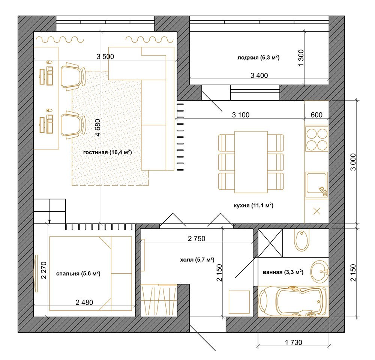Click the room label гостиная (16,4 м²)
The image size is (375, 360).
point(107,152)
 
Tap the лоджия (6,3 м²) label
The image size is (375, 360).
point(258,57)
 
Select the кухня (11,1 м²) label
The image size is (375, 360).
point(253,205)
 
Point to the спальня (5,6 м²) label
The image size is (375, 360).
point(78,273)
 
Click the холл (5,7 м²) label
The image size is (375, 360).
point(197,259)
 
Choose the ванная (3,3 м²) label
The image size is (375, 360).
point(283,272)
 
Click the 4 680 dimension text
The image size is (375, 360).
point(98,128)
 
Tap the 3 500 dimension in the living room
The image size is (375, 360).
point(105,56)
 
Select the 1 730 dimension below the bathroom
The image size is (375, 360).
point(294,342)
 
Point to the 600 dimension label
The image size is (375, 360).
point(316,115)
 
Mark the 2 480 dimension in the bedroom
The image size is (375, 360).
point(84,303)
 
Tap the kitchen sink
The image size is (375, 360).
point(316,184)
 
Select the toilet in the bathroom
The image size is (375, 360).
point(301,240)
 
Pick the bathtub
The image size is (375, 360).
point(294,301)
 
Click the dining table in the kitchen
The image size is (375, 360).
point(251,162)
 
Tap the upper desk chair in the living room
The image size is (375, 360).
point(73,77)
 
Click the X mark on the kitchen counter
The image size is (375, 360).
point(316,211)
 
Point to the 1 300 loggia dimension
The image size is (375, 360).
point(301,58)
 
